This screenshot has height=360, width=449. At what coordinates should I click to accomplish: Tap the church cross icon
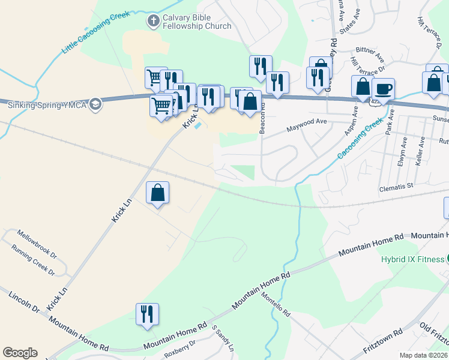click(x=153, y=21)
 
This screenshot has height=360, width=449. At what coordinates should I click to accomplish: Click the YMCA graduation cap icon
click(x=95, y=105)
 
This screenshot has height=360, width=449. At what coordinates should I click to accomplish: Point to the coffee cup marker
click(x=383, y=89)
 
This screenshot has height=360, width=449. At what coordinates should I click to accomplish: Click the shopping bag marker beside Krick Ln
click(x=158, y=193)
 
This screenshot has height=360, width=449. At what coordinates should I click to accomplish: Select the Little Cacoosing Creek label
click(x=95, y=34)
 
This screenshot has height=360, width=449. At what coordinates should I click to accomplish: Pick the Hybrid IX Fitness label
click(x=411, y=260)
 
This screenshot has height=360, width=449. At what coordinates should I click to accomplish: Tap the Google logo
click(x=20, y=353)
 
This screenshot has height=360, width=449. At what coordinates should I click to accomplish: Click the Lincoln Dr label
click(x=23, y=303)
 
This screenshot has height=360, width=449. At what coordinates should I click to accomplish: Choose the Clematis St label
click(x=397, y=187)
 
